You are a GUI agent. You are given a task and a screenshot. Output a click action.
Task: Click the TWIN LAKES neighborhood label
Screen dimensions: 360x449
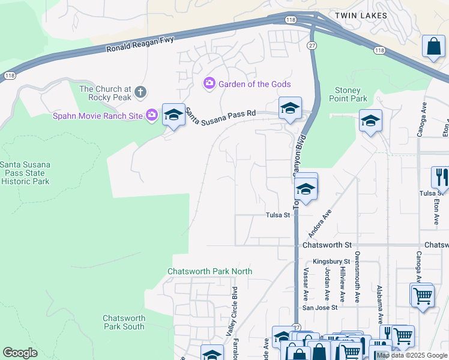(x=361, y=15)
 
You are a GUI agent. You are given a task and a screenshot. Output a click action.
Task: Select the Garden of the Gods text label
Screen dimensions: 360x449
(x=255, y=84)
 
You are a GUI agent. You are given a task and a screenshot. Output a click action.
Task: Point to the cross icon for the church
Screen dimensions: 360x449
(x=140, y=92)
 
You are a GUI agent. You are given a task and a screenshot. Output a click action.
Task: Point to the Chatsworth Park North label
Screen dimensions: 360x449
(x=209, y=271)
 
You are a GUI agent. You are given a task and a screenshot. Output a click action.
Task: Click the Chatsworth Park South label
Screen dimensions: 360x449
(x=124, y=322)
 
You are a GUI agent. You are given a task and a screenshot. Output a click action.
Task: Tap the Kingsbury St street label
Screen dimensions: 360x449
(x=331, y=262)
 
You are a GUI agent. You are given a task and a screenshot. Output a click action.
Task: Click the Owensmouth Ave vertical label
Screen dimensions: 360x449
(x=357, y=280)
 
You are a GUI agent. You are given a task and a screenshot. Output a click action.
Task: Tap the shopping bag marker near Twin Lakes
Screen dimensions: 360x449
(x=433, y=47)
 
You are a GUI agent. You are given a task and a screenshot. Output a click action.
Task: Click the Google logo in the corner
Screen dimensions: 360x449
(x=20, y=352)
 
